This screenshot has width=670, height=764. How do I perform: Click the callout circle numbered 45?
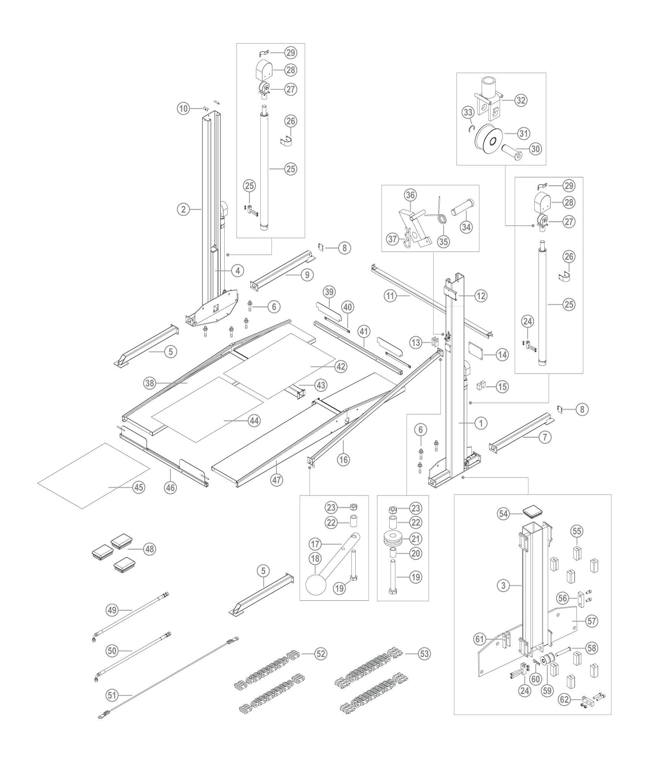click(139, 487)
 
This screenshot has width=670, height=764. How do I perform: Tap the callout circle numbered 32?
click(521, 100)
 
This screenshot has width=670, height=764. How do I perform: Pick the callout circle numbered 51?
click(112, 695)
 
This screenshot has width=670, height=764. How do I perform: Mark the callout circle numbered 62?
click(565, 700)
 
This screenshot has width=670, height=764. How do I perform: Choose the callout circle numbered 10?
click(183, 108)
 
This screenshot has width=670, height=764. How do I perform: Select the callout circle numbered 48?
click(150, 549)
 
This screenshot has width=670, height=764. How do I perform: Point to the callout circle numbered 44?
click(254, 421)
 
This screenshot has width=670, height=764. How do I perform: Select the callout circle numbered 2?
click(183, 209)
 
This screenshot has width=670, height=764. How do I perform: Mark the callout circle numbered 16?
click(343, 460)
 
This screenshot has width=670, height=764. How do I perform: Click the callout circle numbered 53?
click(424, 654)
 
